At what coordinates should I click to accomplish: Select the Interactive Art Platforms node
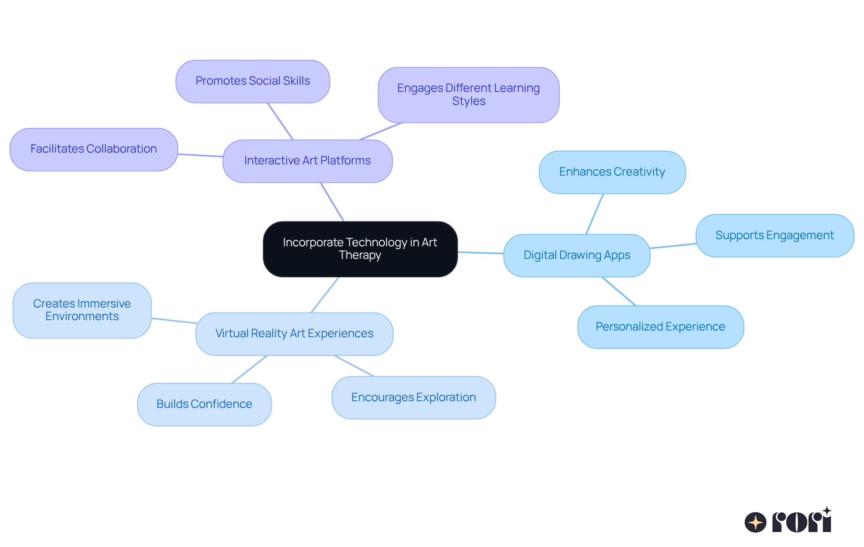coord(307,161)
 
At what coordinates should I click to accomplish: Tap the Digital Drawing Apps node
coord(576,255)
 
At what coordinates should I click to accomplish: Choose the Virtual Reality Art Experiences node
coord(294,334)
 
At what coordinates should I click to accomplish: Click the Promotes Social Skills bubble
coord(252,81)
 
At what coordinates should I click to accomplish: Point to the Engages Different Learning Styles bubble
coord(468,95)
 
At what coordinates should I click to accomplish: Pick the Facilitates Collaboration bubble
coord(94,149)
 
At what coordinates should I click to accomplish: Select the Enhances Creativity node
coord(612,172)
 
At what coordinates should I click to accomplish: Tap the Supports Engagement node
coord(774,235)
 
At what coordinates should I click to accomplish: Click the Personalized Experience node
coord(660,327)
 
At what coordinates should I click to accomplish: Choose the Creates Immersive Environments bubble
coord(82,310)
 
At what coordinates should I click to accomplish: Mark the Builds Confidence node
coord(204,404)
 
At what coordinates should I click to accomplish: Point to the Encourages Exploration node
coord(414,398)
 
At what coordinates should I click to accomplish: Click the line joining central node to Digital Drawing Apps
coord(481,253)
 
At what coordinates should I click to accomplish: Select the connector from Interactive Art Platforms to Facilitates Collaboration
coord(200,155)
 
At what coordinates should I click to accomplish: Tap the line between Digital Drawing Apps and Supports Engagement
coord(673,246)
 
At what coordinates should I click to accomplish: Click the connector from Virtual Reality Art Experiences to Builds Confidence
coord(249,370)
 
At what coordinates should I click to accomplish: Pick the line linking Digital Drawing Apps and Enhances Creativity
coord(594,214)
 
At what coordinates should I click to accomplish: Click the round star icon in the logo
coord(756,522)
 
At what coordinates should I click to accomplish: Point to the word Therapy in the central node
coord(360,255)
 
